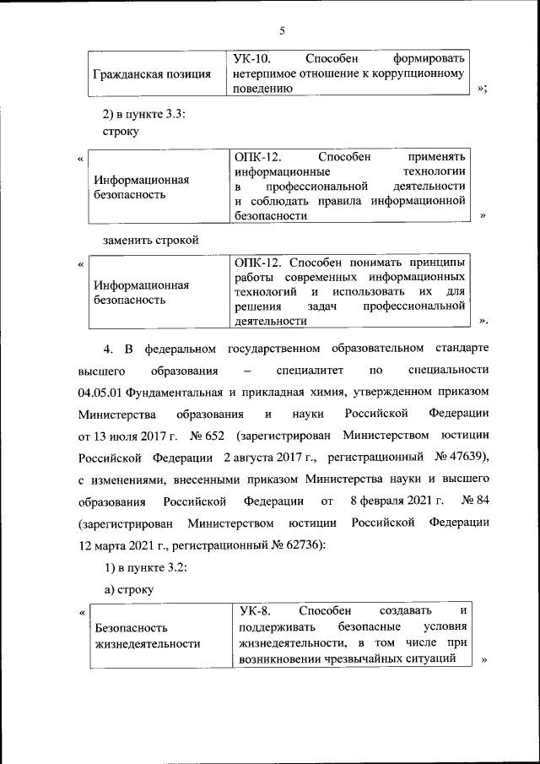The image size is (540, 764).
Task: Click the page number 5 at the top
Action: pyautogui.click(x=283, y=31)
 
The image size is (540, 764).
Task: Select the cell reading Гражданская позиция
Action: pyautogui.click(x=152, y=74)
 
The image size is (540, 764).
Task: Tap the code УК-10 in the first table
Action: pyautogui.click(x=251, y=59)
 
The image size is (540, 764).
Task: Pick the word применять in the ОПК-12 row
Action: pyautogui.click(x=436, y=156)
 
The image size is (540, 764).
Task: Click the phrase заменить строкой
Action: pyautogui.click(x=150, y=240)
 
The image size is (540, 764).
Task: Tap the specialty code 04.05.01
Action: pyautogui.click(x=101, y=393)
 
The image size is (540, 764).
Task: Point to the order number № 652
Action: pyautogui.click(x=208, y=436)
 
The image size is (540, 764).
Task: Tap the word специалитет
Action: pyautogui.click(x=309, y=371)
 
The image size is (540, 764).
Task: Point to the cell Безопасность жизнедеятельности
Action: pyautogui.click(x=148, y=636)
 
